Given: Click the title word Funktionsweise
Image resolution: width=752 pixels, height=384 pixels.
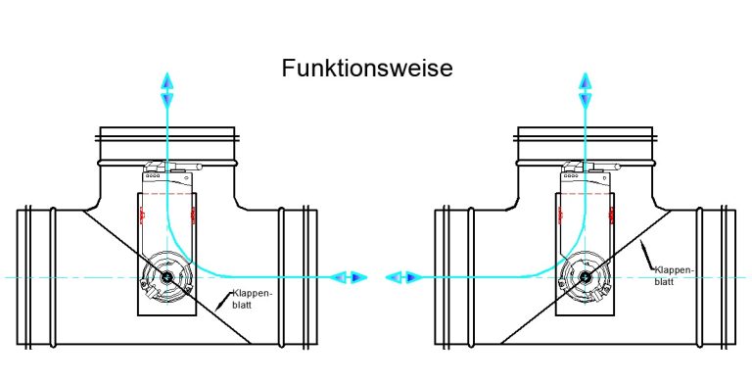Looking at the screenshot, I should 366,69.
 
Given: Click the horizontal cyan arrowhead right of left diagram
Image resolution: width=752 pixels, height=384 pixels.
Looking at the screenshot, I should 349,278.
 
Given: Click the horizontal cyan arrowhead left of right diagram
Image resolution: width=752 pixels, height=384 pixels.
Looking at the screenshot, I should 401,278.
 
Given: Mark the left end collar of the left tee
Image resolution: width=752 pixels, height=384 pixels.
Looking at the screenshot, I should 30,276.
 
